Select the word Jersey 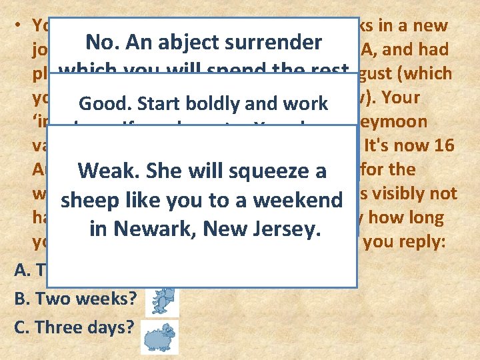288,229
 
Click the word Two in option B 51,298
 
